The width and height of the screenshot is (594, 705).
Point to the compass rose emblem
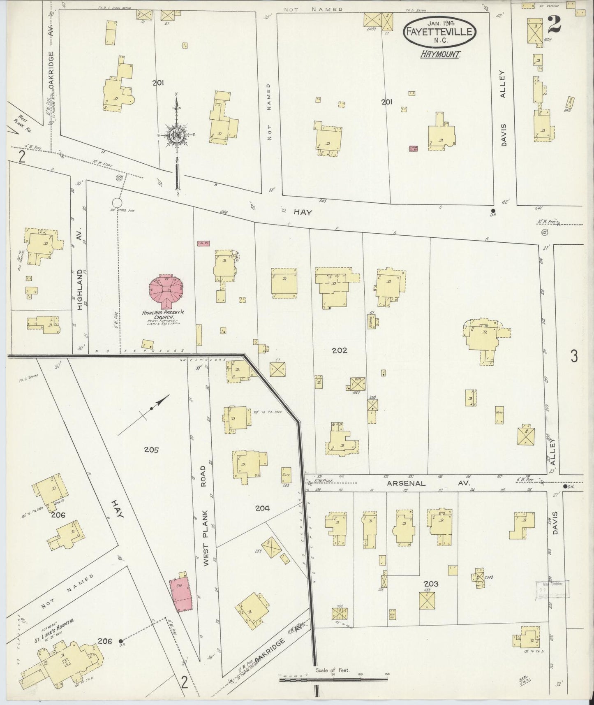point(176,135)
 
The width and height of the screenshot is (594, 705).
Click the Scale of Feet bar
point(334,680)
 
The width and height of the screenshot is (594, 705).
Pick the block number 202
point(340,350)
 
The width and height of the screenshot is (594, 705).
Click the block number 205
point(151,450)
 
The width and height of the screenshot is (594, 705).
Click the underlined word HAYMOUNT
point(439,54)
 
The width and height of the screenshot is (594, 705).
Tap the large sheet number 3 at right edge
point(574,356)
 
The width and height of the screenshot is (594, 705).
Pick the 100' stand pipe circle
point(117,203)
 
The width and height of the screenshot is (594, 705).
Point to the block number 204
point(262,508)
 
